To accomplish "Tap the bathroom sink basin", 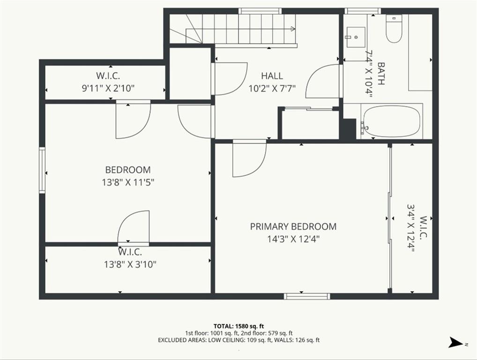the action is [x=355, y=37].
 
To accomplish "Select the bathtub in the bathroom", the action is [x=392, y=121].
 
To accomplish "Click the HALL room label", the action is [x=272, y=76].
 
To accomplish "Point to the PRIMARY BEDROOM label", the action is [x=293, y=226].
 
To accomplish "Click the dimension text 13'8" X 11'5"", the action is [x=128, y=183].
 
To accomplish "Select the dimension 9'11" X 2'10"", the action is [x=108, y=89].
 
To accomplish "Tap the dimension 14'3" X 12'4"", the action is [x=294, y=239].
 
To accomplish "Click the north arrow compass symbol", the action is [x=456, y=342].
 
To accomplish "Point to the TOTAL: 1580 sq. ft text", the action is [x=238, y=327].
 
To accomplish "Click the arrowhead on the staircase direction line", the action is [x=293, y=29].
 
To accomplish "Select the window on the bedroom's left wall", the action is [x=42, y=170].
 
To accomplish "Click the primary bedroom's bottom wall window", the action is [x=307, y=296].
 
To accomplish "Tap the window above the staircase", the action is [x=260, y=11].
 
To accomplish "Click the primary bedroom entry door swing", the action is [x=249, y=158].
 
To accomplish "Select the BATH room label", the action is [x=381, y=73].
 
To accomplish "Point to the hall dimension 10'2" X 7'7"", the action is [x=272, y=89].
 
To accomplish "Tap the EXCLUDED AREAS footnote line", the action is [x=239, y=340].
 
